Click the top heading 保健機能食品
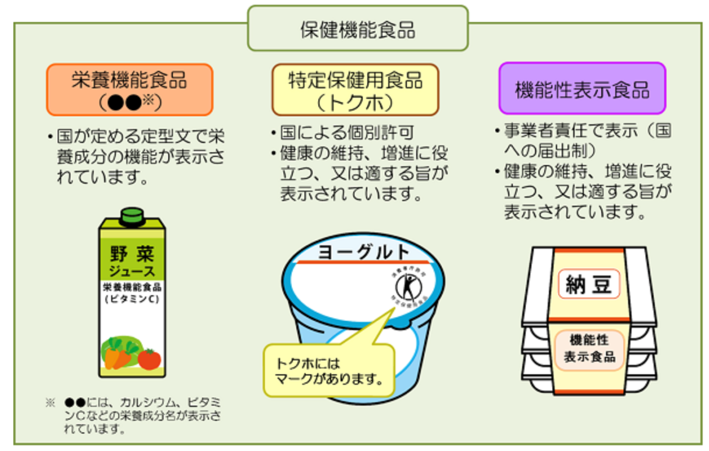pos(357,28)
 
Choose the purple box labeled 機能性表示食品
pos(582,88)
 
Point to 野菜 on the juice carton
pos(132,254)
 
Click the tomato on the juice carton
pos(150,359)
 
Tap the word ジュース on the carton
pos(132,271)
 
